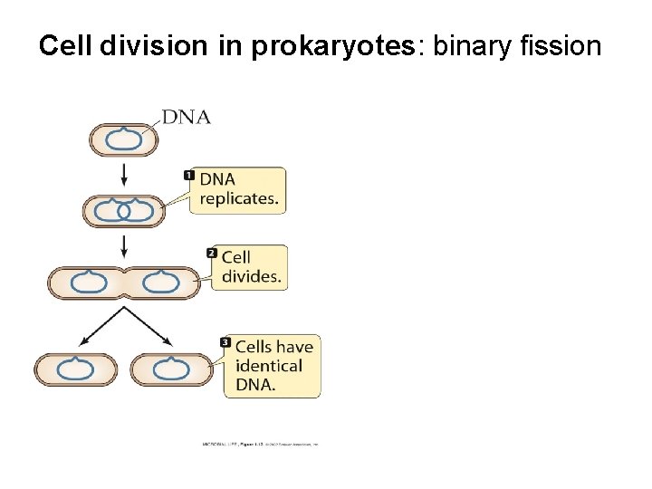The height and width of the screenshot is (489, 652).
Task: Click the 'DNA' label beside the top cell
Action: tap(187, 116)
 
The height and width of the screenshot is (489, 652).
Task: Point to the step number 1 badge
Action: tap(189, 174)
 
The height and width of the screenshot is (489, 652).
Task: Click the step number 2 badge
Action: tap(212, 253)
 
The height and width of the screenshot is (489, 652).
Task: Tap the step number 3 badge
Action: tap(225, 342)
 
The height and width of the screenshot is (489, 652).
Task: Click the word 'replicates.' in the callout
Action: tap(239, 199)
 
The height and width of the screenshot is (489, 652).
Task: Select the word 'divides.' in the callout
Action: tap(250, 277)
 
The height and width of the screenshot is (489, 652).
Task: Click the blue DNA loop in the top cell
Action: tap(123, 140)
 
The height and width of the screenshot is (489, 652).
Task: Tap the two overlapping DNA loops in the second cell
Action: tap(124, 211)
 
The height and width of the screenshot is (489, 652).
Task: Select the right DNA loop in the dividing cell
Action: tap(160, 283)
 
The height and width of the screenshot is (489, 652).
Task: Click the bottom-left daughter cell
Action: tap(76, 369)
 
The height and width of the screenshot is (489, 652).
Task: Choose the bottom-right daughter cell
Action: tap(171, 369)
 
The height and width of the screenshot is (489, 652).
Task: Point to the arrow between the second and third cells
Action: tap(124, 245)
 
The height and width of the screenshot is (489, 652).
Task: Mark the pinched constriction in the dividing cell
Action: tap(124, 283)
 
